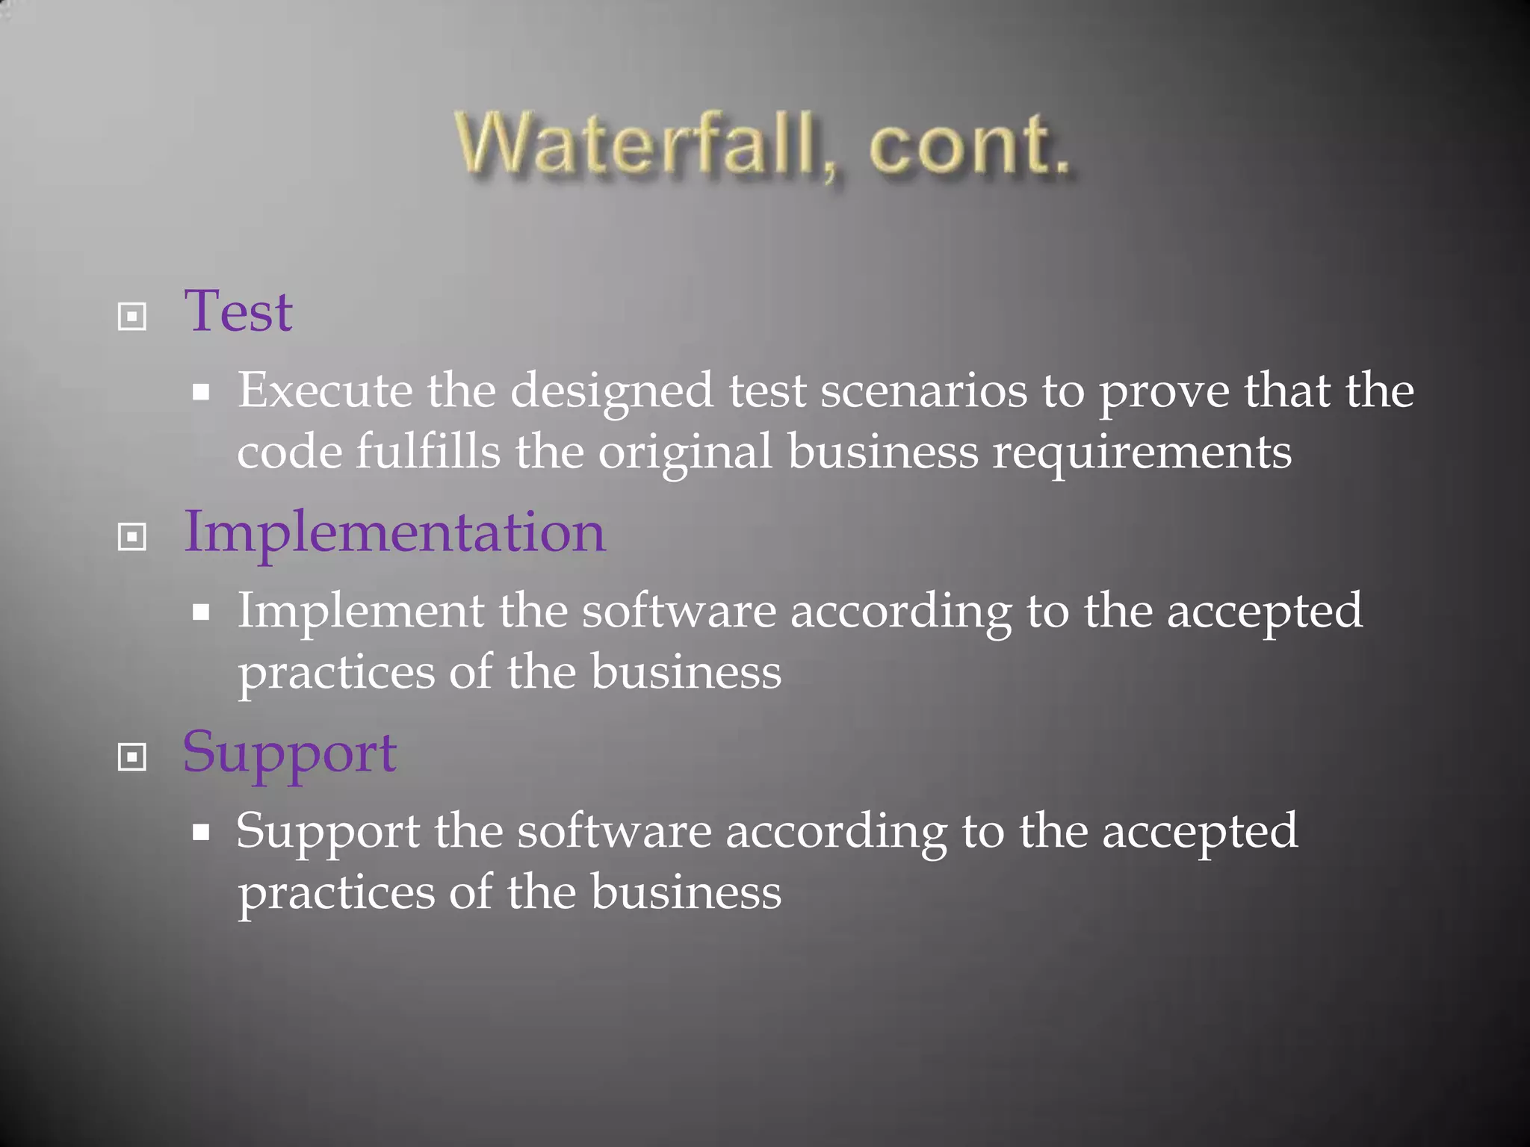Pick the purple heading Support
[290, 753]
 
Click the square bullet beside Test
[132, 317]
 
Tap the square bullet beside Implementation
[132, 536]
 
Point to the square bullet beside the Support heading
[132, 757]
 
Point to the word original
[685, 453]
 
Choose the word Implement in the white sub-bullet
[361, 611]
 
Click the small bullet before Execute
[201, 391]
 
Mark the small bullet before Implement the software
[201, 612]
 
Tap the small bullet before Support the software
[201, 832]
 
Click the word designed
[612, 391]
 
